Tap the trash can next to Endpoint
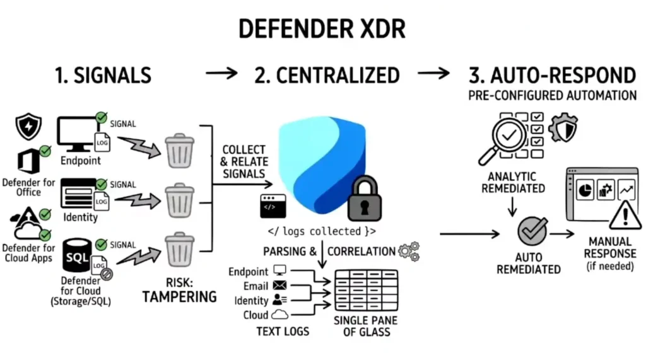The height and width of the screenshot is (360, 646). pyautogui.click(x=179, y=149)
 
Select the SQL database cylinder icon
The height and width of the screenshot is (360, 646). pyautogui.click(x=77, y=260)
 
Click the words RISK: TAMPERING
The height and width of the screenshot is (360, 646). pyautogui.click(x=180, y=289)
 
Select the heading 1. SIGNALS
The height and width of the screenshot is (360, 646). pyautogui.click(x=103, y=76)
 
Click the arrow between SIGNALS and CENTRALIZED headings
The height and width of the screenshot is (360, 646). pyautogui.click(x=221, y=74)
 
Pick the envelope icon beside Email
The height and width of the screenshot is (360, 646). pyautogui.click(x=279, y=286)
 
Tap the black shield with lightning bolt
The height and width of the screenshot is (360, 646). pyautogui.click(x=28, y=126)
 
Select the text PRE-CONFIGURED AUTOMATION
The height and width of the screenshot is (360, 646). pyautogui.click(x=552, y=96)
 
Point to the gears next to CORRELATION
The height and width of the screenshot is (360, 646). pyautogui.click(x=408, y=250)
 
